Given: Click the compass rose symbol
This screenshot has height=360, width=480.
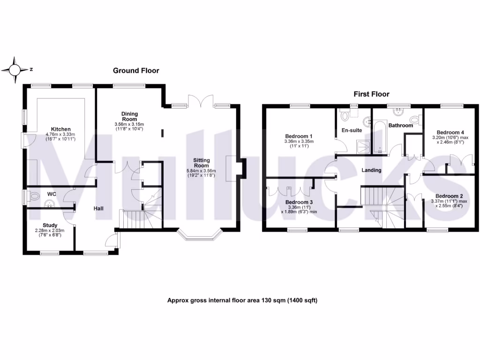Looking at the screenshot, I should (x=15, y=70).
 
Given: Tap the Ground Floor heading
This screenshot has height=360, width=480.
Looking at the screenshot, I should (x=136, y=71).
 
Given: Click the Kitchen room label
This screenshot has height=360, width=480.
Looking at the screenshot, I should (x=61, y=129).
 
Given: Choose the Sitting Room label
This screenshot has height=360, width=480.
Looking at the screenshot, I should (x=202, y=163).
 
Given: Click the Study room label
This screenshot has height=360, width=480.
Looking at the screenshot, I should (x=50, y=225).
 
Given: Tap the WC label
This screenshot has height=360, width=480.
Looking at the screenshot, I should (x=51, y=194).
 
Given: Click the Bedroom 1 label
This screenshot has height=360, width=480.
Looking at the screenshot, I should (x=299, y=136).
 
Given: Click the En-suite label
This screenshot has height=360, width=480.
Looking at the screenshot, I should (x=352, y=130).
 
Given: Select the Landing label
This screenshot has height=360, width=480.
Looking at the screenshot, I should (x=371, y=170).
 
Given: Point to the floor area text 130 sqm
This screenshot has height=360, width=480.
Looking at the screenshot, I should (x=242, y=300).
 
